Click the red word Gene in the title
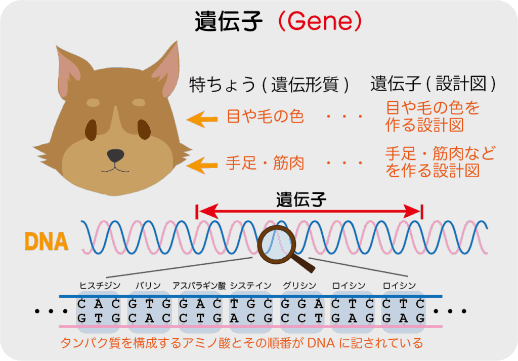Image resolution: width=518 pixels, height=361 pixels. (x=320, y=21)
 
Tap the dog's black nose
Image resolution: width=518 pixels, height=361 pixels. (x=116, y=155)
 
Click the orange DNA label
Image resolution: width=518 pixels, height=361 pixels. (x=47, y=242)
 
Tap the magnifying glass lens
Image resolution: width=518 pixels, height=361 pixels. (x=276, y=245)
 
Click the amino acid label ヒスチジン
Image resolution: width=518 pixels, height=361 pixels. (x=100, y=285)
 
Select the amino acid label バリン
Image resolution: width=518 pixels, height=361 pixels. (x=148, y=285)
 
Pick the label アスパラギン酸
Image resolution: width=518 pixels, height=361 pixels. (x=199, y=285)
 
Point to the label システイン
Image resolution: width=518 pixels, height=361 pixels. (x=250, y=285)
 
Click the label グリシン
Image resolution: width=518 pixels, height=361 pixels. (x=299, y=285)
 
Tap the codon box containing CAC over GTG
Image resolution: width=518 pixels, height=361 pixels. (x=98, y=311)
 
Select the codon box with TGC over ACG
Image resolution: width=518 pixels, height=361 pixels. (x=251, y=311)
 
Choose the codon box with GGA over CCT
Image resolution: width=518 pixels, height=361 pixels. (x=301, y=311)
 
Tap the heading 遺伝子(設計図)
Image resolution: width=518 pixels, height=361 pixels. (x=433, y=84)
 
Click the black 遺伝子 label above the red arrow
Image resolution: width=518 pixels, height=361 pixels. (x=301, y=199)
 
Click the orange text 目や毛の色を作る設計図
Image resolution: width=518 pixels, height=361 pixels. (x=433, y=116)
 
